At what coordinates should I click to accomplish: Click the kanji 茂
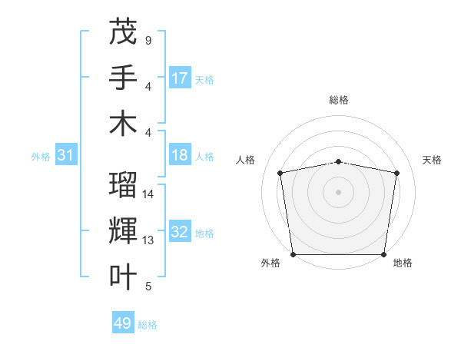[123, 31]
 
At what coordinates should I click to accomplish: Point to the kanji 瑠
[123, 185]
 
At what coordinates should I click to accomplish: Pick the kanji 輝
[123, 231]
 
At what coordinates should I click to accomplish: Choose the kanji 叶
[123, 277]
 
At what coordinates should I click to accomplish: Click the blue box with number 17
[180, 78]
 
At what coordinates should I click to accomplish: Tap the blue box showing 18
[180, 155]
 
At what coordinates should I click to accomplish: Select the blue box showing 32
[180, 232]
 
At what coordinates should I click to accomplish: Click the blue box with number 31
[66, 155]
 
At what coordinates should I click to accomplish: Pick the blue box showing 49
[123, 323]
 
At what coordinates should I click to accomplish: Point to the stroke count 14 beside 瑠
[148, 194]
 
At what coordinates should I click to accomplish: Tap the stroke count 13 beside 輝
[148, 240]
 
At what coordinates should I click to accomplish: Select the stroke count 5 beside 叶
[148, 286]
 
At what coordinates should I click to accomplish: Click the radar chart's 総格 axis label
[338, 100]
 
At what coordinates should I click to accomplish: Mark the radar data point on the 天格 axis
[396, 173]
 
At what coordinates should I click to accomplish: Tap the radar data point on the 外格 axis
[293, 254]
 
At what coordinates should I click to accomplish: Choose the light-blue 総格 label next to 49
[148, 325]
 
